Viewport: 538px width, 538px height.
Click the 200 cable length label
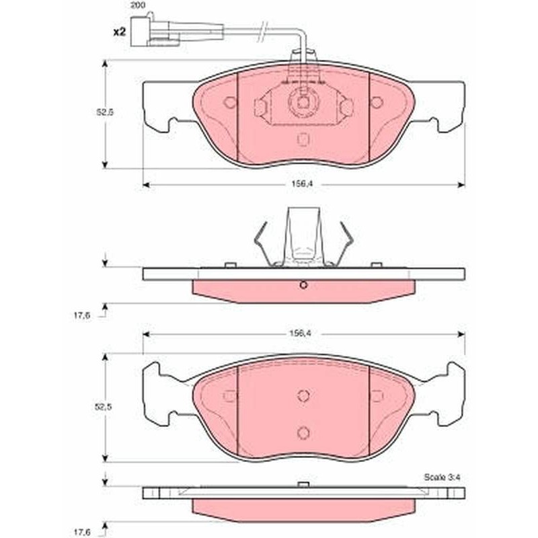(137, 5)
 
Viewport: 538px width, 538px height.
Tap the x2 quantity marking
(120, 32)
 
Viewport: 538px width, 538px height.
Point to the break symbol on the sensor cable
(262, 32)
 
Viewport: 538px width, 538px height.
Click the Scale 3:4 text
(442, 477)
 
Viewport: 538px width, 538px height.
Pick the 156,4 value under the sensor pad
(302, 184)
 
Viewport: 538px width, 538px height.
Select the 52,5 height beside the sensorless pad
(104, 408)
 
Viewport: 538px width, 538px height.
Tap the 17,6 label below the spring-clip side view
(81, 315)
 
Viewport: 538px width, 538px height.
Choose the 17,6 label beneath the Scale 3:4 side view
(81, 532)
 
